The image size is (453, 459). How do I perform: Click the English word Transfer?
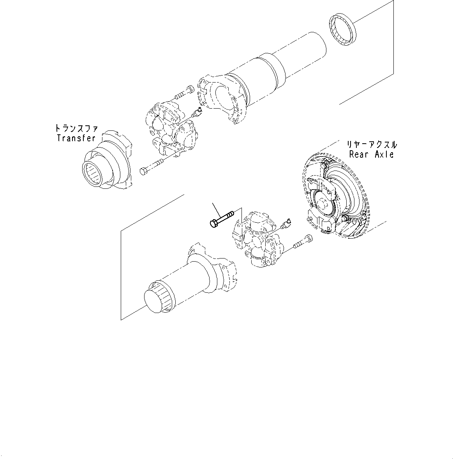click(x=76, y=138)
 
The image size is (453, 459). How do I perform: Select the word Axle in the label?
click(x=384, y=154)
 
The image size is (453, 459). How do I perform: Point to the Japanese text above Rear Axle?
click(x=372, y=144)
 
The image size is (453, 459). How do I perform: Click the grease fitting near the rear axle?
click(x=287, y=222)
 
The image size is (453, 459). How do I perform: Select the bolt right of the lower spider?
click(x=301, y=241)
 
